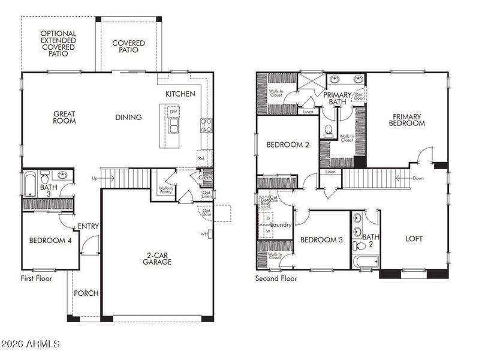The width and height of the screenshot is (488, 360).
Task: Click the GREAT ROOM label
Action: click(64, 117)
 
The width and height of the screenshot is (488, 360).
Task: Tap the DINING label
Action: click(128, 118)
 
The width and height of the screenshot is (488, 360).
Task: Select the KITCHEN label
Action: click(180, 94)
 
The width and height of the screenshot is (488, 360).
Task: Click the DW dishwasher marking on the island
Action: click(173, 112)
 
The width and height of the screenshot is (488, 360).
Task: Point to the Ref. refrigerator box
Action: click(202, 158)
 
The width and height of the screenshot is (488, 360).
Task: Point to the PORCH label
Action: click(86, 293)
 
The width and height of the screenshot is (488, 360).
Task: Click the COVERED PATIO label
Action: click(128, 47)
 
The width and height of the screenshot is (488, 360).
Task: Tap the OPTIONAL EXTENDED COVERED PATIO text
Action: click(58, 44)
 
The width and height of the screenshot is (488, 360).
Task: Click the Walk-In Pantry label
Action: click(166, 190)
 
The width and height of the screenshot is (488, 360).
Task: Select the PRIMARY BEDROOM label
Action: click(408, 120)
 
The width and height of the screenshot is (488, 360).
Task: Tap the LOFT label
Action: click(414, 239)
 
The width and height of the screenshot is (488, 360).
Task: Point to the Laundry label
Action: click(281, 225)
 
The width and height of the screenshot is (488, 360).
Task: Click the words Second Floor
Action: click(276, 278)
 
